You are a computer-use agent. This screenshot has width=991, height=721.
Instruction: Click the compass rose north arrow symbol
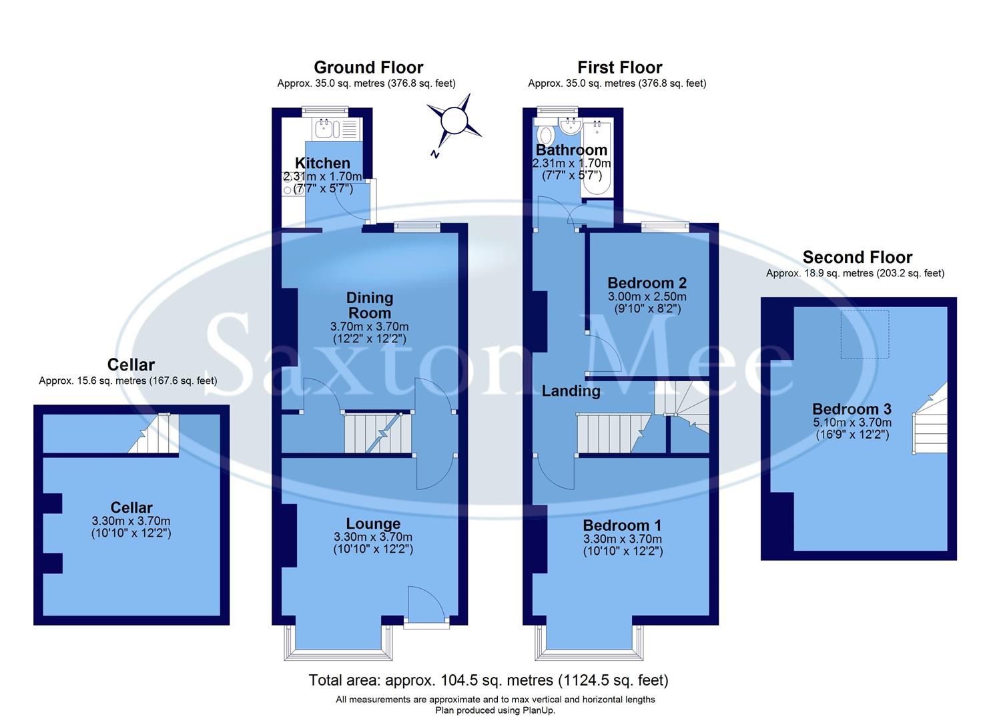[x=454, y=122]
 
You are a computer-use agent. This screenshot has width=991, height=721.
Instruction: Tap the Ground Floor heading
[x=368, y=67]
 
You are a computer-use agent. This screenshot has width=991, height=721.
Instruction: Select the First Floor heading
[x=619, y=67]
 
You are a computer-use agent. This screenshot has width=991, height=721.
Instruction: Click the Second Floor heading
[x=857, y=257]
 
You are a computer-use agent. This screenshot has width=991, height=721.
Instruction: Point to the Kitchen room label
[x=322, y=163]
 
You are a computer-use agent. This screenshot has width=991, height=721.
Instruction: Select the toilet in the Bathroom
[x=545, y=133]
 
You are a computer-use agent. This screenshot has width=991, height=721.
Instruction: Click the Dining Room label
[x=370, y=305]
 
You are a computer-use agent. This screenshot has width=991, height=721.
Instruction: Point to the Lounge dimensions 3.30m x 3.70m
[x=372, y=537]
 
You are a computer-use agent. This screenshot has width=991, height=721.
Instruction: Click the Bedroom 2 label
[x=647, y=283]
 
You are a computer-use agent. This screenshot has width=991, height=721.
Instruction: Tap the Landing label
[x=571, y=391]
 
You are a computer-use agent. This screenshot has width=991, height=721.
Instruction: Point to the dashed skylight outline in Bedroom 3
[x=864, y=334]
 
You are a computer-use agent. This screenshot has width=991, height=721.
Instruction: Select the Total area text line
[x=488, y=680]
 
